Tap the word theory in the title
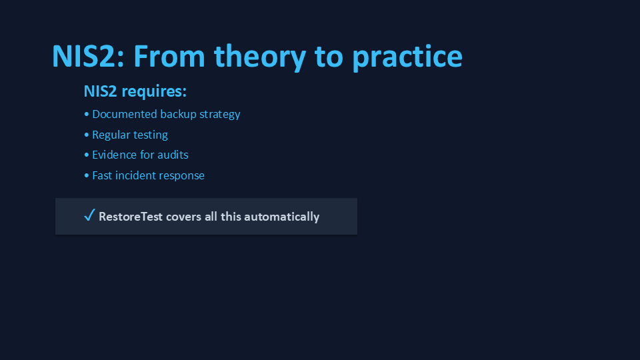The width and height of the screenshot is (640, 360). tap(261, 57)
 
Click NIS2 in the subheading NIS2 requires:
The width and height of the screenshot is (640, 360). tap(101, 91)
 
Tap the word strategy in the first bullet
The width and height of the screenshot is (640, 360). tap(219, 115)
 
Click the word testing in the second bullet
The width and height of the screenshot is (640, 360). tap(150, 135)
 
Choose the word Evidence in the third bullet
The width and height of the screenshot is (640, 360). tap(114, 155)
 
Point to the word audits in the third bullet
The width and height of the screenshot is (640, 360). tap(173, 155)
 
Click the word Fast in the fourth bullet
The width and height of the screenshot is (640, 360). tap(102, 175)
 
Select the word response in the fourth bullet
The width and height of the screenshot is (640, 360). tap(182, 176)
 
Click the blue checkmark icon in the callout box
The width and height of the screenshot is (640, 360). tap(89, 215)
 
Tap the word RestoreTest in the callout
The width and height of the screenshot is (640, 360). tap(131, 217)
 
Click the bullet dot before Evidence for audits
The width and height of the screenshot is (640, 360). tap(87, 155)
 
